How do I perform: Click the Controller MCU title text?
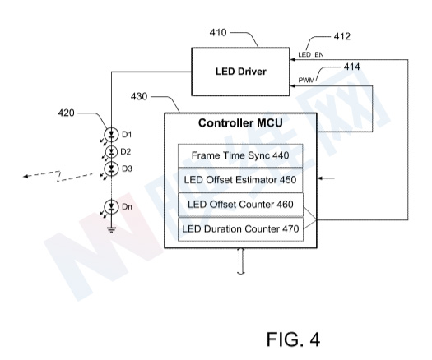click(240, 122)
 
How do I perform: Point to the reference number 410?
click(218, 33)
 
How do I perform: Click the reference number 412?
click(342, 36)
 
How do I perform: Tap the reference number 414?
click(351, 67)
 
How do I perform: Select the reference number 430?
click(139, 96)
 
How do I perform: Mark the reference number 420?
click(66, 113)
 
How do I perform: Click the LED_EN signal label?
click(311, 55)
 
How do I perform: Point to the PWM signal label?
click(306, 81)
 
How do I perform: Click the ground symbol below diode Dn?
click(111, 229)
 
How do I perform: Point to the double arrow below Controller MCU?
click(241, 261)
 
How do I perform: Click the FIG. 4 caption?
click(293, 339)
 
